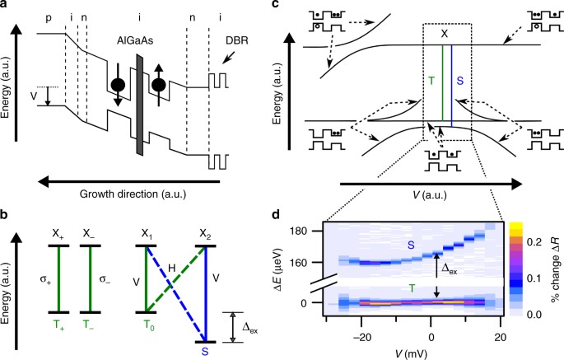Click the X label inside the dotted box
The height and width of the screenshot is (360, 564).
pyautogui.click(x=445, y=35)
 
